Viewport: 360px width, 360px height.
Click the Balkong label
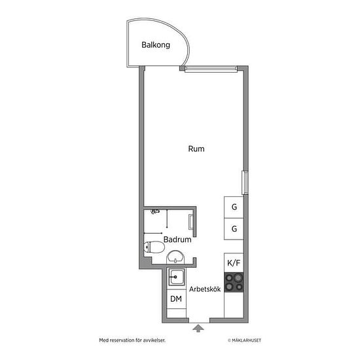pyautogui.click(x=156, y=45)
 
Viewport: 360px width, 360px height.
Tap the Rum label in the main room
pyautogui.click(x=196, y=149)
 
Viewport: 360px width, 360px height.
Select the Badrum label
pyautogui.click(x=177, y=240)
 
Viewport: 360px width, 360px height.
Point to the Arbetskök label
pyautogui.click(x=205, y=289)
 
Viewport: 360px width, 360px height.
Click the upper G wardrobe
pyautogui.click(x=234, y=207)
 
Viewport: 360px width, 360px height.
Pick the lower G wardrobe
pyautogui.click(x=234, y=229)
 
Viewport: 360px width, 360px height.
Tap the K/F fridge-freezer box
pyautogui.click(x=234, y=263)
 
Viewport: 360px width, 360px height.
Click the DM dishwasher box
pyautogui.click(x=176, y=299)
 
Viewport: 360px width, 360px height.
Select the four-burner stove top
pyautogui.click(x=234, y=282)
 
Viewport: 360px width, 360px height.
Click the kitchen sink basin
pyautogui.click(x=176, y=277)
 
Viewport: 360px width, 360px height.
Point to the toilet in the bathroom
pyautogui.click(x=154, y=247)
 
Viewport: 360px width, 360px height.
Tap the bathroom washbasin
pyautogui.click(x=175, y=257)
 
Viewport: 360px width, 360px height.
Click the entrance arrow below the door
pyautogui.click(x=198, y=329)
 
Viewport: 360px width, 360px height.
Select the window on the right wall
pyautogui.click(x=245, y=183)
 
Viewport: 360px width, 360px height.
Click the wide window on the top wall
pyautogui.click(x=211, y=69)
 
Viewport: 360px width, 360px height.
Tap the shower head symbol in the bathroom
pyautogui.click(x=154, y=211)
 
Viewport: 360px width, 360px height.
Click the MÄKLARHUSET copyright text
pyautogui.click(x=245, y=340)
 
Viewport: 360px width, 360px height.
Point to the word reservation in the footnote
pyautogui.click(x=123, y=340)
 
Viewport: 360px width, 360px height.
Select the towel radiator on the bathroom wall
pyautogui.click(x=191, y=222)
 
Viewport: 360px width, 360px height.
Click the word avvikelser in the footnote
pyautogui.click(x=154, y=340)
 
